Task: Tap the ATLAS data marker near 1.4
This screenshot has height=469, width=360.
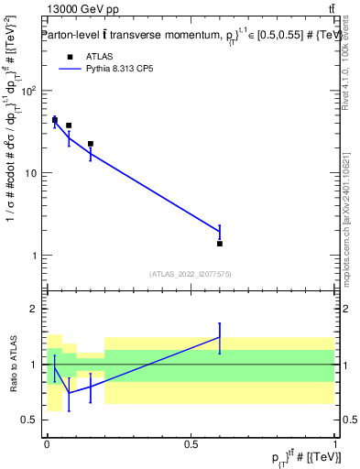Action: [x=220, y=244]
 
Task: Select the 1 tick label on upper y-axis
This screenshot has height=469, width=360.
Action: [x=35, y=256]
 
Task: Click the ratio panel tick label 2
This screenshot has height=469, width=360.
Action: [x=35, y=310]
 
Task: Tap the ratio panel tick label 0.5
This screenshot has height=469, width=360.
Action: [x=30, y=420]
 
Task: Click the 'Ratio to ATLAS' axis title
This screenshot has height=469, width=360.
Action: [x=13, y=364]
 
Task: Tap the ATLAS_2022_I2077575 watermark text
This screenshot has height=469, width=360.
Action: [x=191, y=273]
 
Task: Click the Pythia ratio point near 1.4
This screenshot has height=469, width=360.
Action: [x=220, y=337]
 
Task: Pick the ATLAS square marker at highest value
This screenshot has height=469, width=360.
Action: [x=55, y=120]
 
